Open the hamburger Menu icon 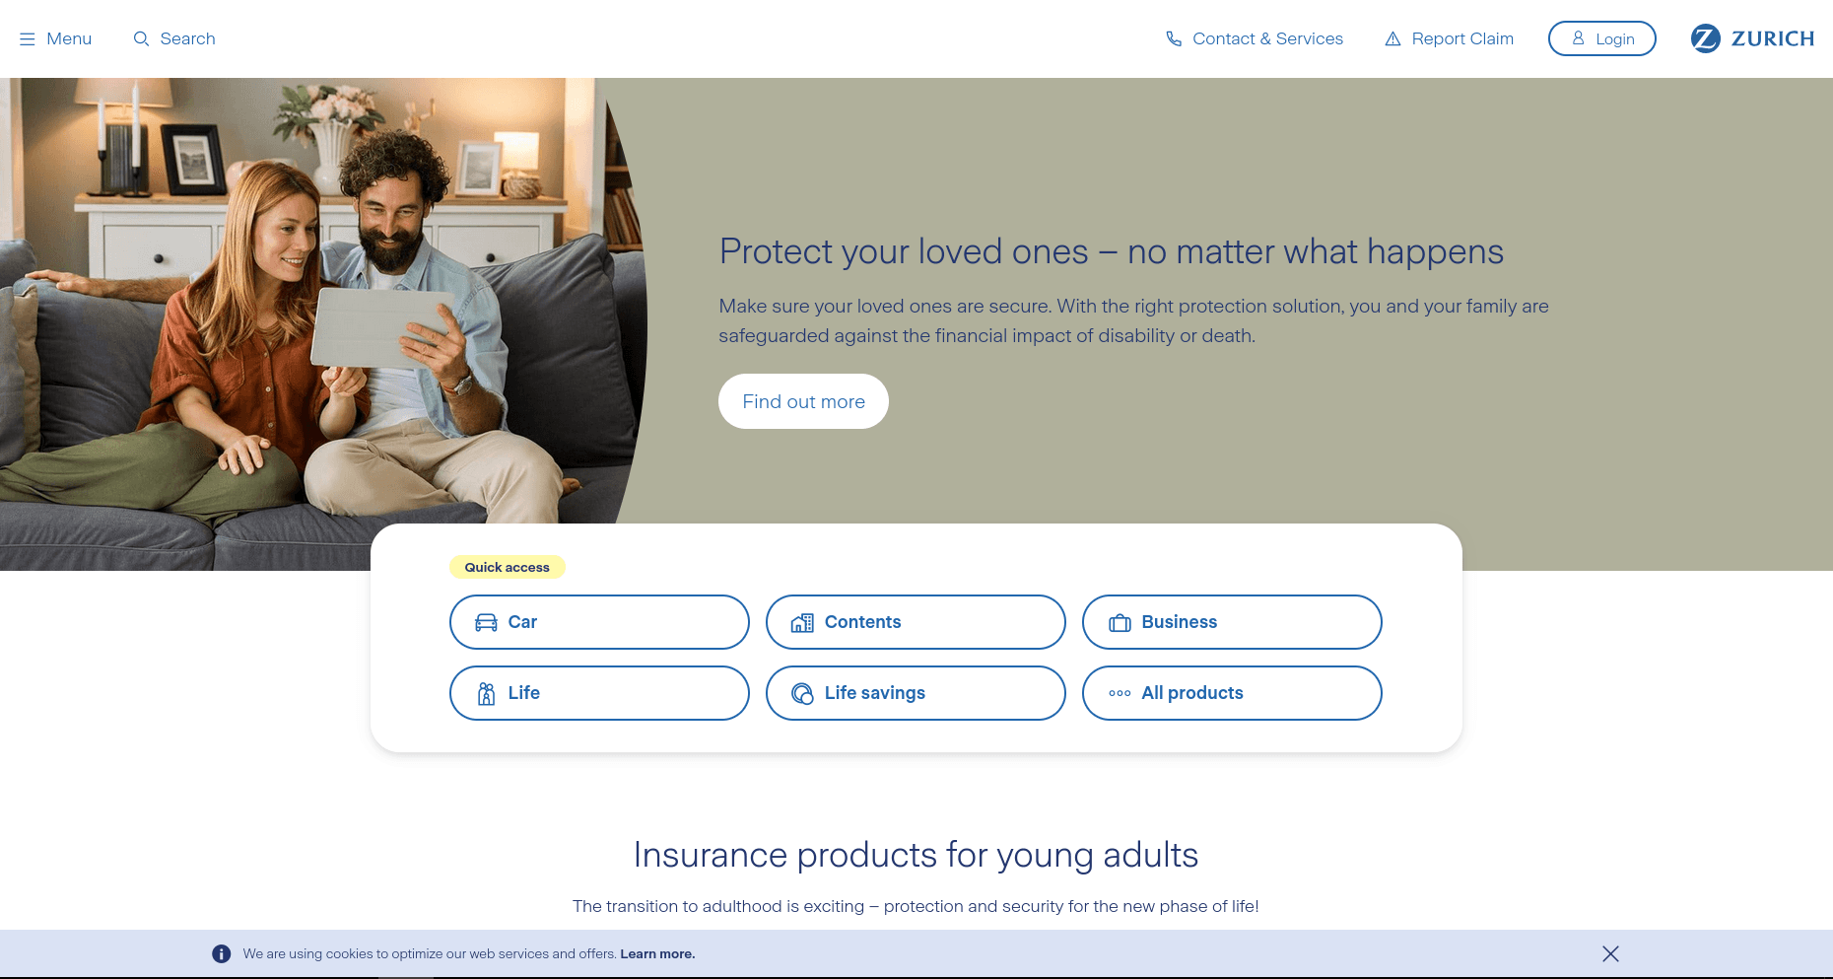(28, 39)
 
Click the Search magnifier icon (141, 38)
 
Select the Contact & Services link (1266, 38)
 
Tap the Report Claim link (1461, 38)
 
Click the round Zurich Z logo (1705, 38)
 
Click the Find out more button (803, 401)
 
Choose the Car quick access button (599, 622)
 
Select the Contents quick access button (916, 622)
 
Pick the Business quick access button (1232, 622)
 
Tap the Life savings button (916, 693)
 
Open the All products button (1232, 693)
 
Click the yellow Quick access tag (507, 567)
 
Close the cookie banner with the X (1610, 953)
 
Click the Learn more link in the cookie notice (657, 953)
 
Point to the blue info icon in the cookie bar (222, 953)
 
